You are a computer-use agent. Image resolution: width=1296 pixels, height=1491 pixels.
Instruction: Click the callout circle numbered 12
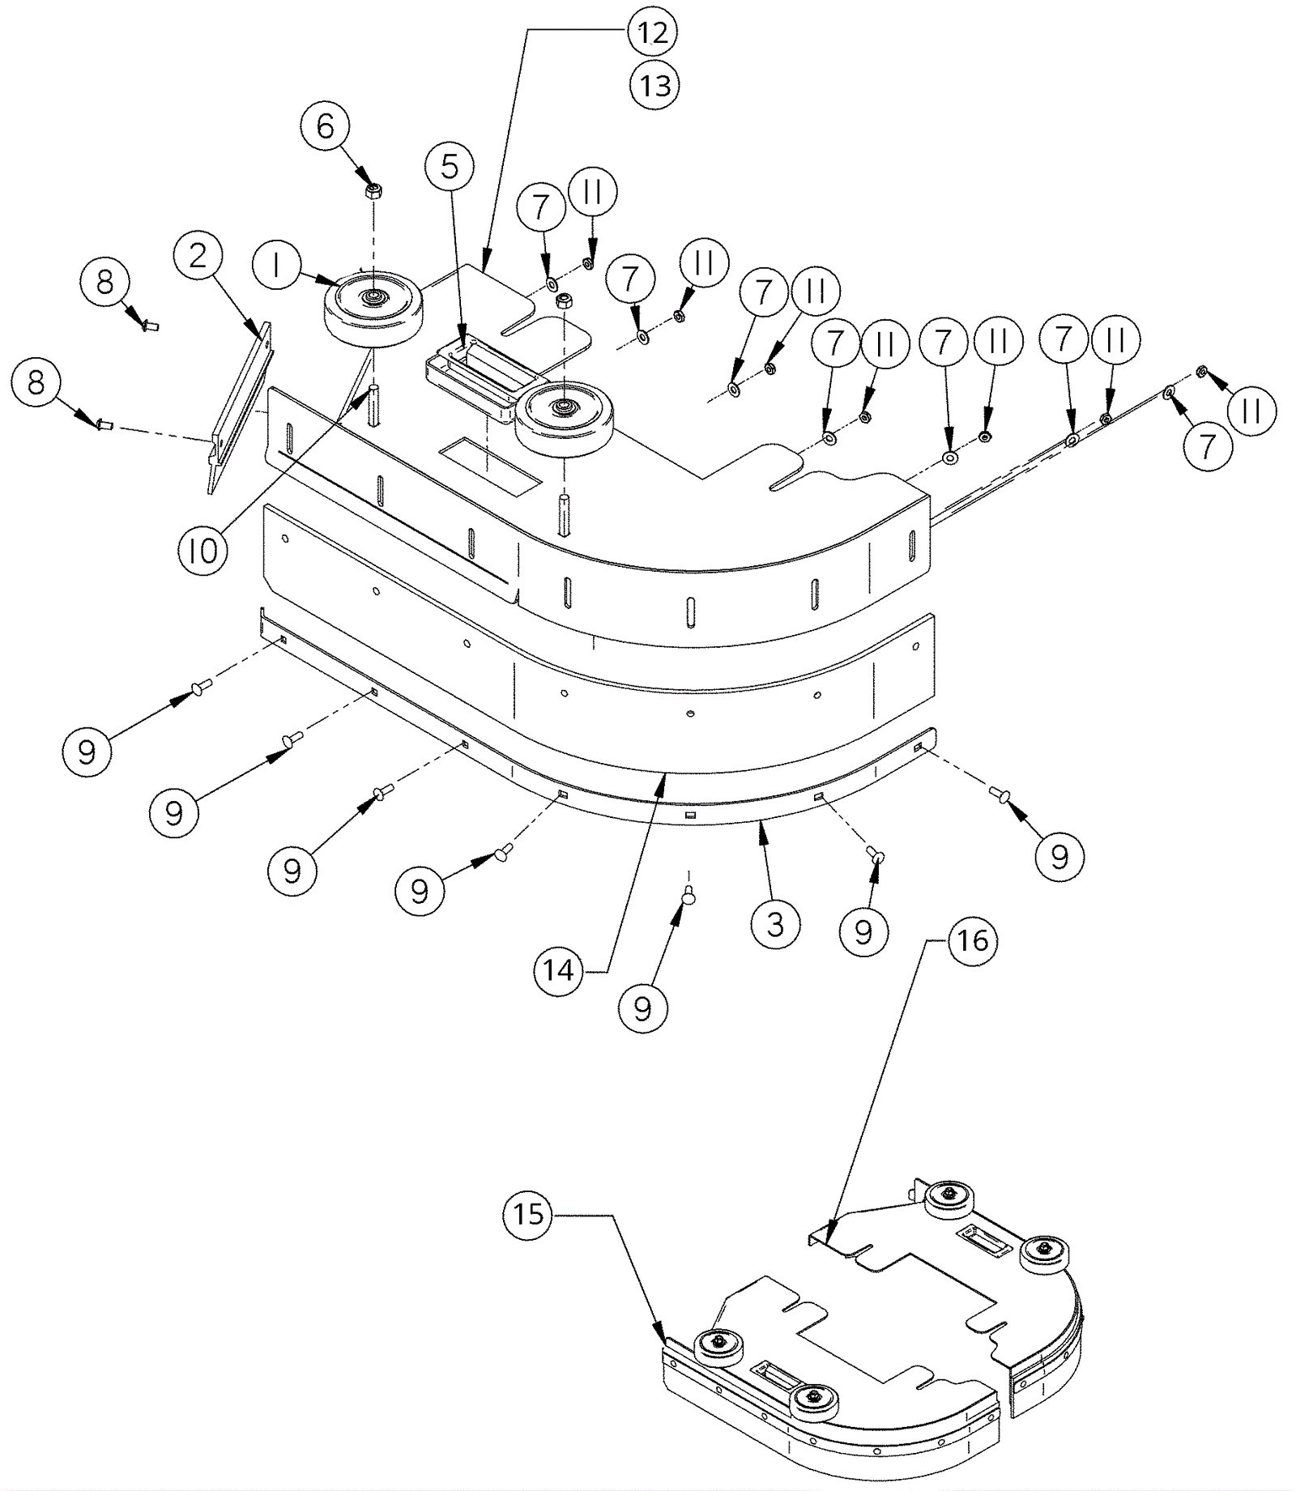coord(652,32)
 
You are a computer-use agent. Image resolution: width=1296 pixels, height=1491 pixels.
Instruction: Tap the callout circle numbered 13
coord(654,84)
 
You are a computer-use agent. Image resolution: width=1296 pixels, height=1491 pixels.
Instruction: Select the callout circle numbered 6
coord(325,126)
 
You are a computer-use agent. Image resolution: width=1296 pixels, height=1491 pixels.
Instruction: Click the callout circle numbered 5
coord(450,167)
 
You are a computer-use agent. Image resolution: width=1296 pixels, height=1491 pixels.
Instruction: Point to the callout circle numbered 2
coord(197,257)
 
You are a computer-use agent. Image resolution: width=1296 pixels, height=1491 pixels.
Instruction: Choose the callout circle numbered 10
coord(202,551)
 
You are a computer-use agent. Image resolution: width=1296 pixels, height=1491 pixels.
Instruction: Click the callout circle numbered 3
coord(775,923)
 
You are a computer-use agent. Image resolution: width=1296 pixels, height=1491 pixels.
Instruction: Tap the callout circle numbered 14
coord(558,969)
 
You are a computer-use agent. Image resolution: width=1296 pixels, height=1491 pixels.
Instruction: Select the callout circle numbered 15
coord(527,1213)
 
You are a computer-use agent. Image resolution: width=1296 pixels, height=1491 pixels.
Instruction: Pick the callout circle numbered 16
coord(973,940)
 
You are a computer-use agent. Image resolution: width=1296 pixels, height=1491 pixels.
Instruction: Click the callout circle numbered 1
coord(276,266)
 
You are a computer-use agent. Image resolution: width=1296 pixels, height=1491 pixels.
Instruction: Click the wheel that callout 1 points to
coord(373,312)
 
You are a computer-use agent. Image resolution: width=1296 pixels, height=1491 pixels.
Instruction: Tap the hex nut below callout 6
coord(373,191)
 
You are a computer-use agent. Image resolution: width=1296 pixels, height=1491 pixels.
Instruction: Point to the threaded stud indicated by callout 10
coord(374,405)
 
